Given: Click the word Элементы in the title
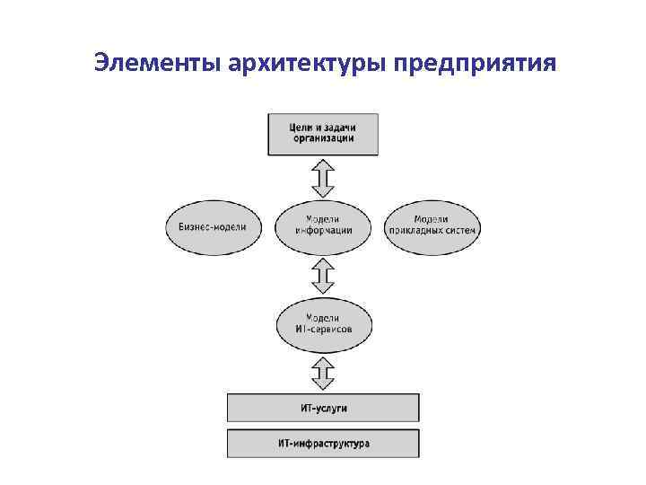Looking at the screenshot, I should click(x=157, y=64).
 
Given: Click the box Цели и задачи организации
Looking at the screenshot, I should click(x=323, y=133).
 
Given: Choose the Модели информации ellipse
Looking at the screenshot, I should click(x=323, y=225).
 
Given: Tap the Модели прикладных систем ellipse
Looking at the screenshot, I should click(x=432, y=225).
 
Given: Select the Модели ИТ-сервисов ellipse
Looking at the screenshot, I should click(x=323, y=324).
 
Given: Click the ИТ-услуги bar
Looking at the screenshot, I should click(x=323, y=409).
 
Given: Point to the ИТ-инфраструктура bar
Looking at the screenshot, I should click(x=323, y=444).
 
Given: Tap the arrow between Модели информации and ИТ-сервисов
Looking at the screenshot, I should click(x=323, y=274).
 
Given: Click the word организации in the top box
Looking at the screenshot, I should click(x=323, y=139).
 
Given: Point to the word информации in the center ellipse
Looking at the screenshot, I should click(x=323, y=231).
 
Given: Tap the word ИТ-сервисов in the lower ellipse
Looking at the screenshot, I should click(x=323, y=331).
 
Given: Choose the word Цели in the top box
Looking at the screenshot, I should click(x=301, y=128).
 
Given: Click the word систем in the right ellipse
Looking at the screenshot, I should click(x=461, y=231).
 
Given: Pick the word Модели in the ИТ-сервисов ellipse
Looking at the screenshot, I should click(x=322, y=318).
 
